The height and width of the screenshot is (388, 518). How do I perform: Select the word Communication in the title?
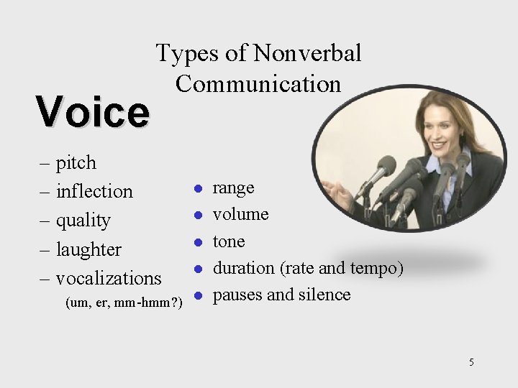(x=258, y=83)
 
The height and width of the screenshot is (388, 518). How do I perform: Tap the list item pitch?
(x=76, y=163)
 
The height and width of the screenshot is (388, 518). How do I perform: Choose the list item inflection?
(x=94, y=191)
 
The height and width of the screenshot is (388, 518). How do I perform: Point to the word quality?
(x=83, y=221)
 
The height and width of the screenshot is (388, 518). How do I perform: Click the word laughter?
(x=88, y=249)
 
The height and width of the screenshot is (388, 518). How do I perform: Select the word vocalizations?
(x=109, y=277)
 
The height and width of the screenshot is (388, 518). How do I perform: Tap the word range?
(x=233, y=188)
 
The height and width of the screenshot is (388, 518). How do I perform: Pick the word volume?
(x=240, y=214)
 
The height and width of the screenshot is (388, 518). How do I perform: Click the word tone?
(x=229, y=241)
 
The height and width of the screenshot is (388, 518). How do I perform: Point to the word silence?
(x=322, y=295)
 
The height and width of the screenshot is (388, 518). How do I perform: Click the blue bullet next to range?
(x=196, y=188)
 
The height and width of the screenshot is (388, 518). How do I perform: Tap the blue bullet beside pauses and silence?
(x=196, y=295)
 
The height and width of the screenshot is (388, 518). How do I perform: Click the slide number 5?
(x=471, y=362)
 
